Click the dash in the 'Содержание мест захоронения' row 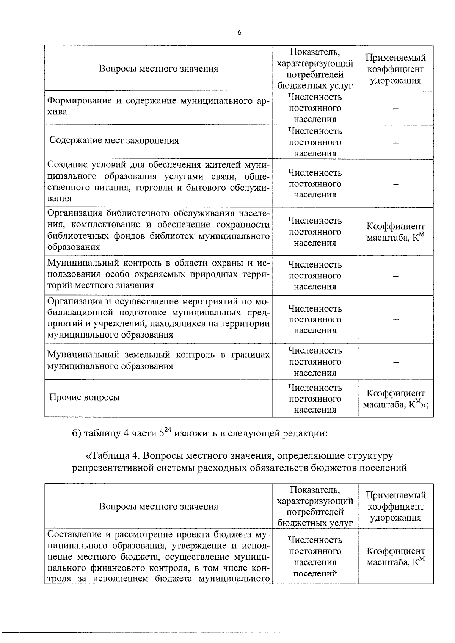(x=395, y=143)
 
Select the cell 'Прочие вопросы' (x=85, y=397)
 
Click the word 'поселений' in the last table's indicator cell (x=315, y=573)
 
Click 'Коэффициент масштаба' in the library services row (x=395, y=232)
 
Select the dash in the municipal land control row (x=395, y=362)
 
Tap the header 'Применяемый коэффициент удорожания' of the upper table (x=395, y=69)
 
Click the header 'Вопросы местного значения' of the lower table (x=158, y=507)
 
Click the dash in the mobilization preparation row (x=395, y=320)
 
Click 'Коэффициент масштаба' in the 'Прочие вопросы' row (x=395, y=399)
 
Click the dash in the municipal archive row (x=395, y=109)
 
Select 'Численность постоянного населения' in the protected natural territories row (x=315, y=275)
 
